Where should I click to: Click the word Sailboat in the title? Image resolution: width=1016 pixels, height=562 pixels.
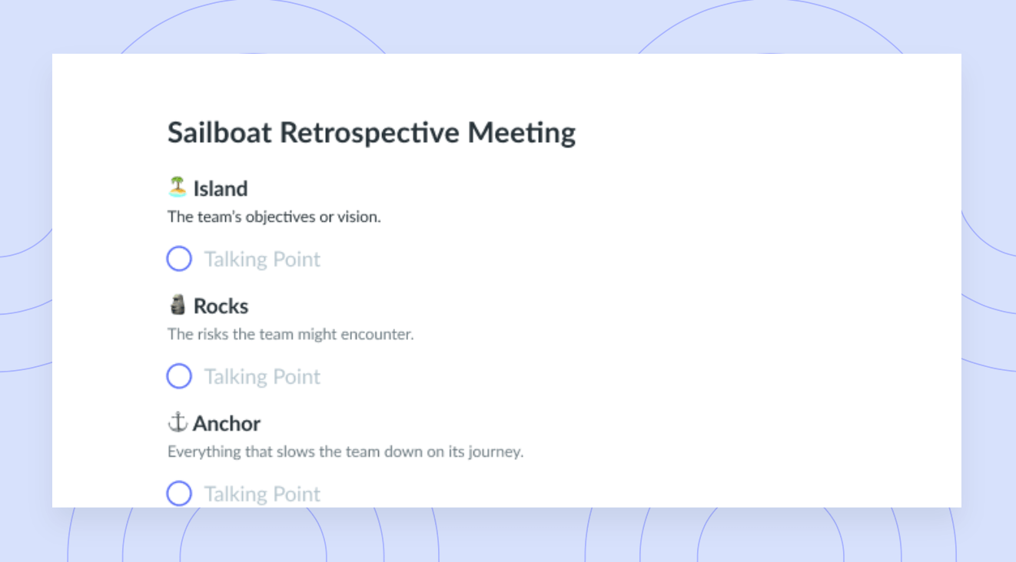click(x=220, y=133)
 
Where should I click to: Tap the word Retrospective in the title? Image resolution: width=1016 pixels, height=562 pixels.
click(x=370, y=134)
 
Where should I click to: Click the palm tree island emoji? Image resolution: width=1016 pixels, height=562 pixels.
click(x=178, y=187)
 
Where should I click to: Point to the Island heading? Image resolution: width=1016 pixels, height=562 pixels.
click(x=221, y=189)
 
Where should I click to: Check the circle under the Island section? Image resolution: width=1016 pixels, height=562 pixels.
click(x=179, y=258)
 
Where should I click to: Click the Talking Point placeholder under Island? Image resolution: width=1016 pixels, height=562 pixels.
click(x=262, y=260)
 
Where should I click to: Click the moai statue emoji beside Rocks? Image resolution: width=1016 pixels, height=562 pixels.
click(x=178, y=305)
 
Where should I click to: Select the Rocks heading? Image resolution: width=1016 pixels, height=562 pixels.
click(x=221, y=306)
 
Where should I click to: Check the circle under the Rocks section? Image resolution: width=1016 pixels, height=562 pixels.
click(x=179, y=375)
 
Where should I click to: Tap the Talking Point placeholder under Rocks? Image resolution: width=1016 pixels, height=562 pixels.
click(x=262, y=377)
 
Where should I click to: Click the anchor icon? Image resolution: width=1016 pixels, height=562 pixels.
click(x=178, y=422)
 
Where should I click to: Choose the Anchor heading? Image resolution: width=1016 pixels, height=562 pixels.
click(x=226, y=424)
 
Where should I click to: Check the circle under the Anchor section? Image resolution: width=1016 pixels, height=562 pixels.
click(x=179, y=493)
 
